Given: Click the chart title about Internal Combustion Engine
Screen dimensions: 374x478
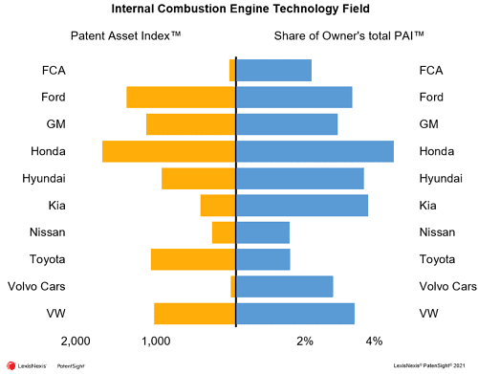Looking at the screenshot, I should pyautogui.click(x=238, y=11).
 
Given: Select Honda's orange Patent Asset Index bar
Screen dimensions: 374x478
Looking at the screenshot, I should pyautogui.click(x=168, y=151).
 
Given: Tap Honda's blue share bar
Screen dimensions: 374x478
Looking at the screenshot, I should pyautogui.click(x=315, y=151).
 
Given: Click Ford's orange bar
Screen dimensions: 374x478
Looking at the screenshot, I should pyautogui.click(x=181, y=97).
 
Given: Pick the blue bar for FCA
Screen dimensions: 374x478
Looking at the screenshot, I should pyautogui.click(x=273, y=70).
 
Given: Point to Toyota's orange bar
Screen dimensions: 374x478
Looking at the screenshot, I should pyautogui.click(x=193, y=259).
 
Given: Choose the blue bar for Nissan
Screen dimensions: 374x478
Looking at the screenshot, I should pyautogui.click(x=263, y=232).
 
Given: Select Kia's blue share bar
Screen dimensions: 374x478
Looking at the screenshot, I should pyautogui.click(x=302, y=205).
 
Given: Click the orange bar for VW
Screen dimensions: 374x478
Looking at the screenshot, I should pyautogui.click(x=194, y=314).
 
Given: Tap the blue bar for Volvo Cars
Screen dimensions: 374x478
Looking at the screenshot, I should pyautogui.click(x=285, y=286).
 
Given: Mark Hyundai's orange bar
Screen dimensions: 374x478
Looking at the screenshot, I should pyautogui.click(x=198, y=178).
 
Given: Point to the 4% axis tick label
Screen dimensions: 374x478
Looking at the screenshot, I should pyautogui.click(x=374, y=341).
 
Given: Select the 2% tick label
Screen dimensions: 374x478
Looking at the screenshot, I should pyautogui.click(x=305, y=341).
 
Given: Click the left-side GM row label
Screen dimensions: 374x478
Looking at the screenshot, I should pyautogui.click(x=55, y=124).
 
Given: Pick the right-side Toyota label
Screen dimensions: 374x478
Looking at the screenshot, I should pyautogui.click(x=436, y=259).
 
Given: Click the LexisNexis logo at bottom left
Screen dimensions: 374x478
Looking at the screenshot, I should pyautogui.click(x=29, y=365).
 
